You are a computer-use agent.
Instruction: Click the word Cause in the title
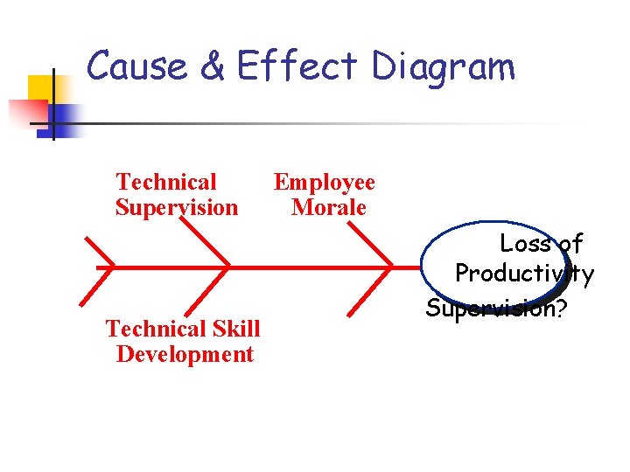pos(136,67)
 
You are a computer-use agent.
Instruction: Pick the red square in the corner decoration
pos(26,112)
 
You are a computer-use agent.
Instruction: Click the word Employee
pos(324,183)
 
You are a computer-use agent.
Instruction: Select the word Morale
pos(329,208)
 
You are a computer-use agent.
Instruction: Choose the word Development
pos(185,354)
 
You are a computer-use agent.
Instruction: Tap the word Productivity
pos(524,274)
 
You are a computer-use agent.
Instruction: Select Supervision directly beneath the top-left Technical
pos(176,208)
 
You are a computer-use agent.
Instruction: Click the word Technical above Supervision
pos(165,183)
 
